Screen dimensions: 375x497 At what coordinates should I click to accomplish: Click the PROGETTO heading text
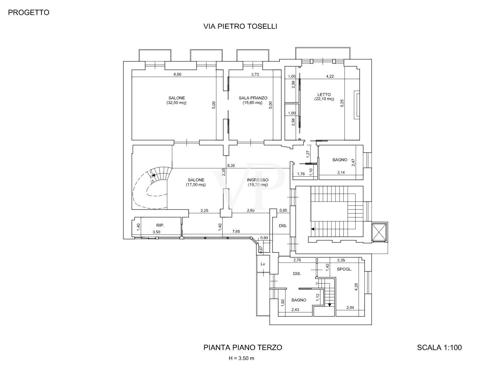(x=29, y=12)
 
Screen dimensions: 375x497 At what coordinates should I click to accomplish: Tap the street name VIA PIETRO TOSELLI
(x=240, y=26)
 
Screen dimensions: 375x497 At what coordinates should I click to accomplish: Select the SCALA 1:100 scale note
(x=439, y=348)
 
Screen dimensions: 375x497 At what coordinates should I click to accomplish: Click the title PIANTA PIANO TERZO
(x=243, y=348)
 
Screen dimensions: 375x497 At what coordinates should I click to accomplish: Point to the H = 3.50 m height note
(x=241, y=358)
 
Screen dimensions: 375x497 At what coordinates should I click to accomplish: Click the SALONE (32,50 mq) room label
(x=176, y=100)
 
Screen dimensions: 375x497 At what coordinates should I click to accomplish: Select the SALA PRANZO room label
(x=253, y=100)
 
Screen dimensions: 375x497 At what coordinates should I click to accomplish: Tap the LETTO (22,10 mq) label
(x=324, y=97)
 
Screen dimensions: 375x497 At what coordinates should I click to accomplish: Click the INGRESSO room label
(x=257, y=182)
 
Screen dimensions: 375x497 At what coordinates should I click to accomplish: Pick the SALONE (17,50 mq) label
(x=196, y=182)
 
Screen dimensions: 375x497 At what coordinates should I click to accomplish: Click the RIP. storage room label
(x=160, y=225)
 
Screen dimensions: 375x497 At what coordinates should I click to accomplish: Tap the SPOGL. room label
(x=344, y=269)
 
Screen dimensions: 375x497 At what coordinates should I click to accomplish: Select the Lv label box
(x=263, y=264)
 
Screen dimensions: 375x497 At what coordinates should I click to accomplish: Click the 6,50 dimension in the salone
(x=177, y=74)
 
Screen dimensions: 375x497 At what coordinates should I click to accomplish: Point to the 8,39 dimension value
(x=231, y=165)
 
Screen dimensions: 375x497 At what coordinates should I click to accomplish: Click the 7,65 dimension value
(x=236, y=232)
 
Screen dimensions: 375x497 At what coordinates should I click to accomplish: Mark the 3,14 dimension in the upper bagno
(x=340, y=172)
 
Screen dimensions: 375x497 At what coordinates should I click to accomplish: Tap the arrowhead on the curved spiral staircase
(x=154, y=175)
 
